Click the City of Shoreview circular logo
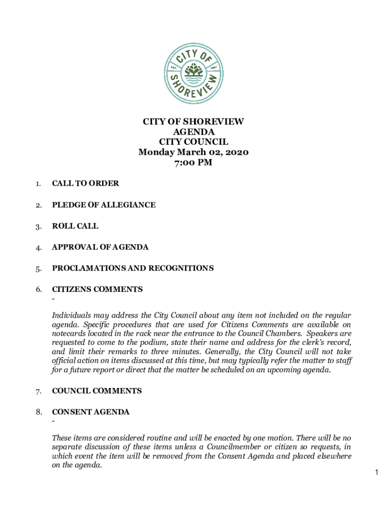(x=193, y=74)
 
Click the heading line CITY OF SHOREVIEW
(x=193, y=122)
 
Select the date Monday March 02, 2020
(x=193, y=152)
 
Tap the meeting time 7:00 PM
(x=193, y=162)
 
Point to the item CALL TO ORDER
(x=85, y=184)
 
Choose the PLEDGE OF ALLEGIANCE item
(x=104, y=205)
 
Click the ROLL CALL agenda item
(x=75, y=226)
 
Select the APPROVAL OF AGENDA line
(x=100, y=247)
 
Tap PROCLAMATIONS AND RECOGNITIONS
(x=133, y=268)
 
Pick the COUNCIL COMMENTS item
(x=97, y=391)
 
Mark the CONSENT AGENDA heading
(x=91, y=412)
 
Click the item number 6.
(x=38, y=290)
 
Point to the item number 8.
(x=38, y=412)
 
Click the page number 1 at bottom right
(x=377, y=472)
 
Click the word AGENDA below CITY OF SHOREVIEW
(x=193, y=132)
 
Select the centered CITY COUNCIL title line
(x=193, y=142)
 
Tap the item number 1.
(x=38, y=184)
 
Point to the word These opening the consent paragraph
(x=63, y=438)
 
